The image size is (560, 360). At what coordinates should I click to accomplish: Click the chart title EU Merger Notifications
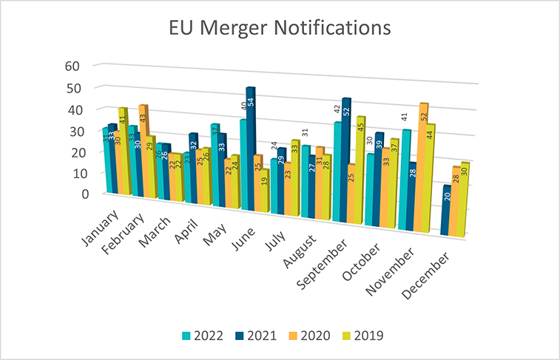point(279,29)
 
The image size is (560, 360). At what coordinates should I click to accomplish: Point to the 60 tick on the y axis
point(72,66)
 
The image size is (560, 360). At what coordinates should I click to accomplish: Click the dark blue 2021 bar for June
point(250,148)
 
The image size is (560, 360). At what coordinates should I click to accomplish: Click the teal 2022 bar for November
point(406,177)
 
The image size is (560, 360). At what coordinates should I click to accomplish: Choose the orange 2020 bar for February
point(144,148)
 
